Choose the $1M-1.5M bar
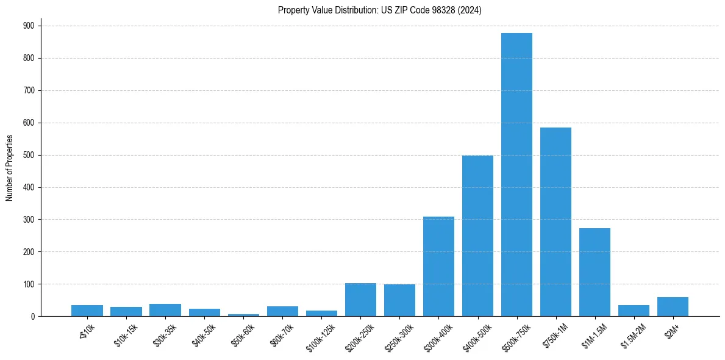click(595, 272)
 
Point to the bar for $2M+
click(673, 306)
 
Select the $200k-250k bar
click(360, 300)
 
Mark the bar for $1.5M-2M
click(634, 311)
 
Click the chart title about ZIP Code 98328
click(379, 10)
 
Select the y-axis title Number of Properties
click(10, 168)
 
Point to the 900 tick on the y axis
click(29, 26)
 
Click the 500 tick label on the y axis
click(29, 155)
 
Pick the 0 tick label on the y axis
click(33, 316)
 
